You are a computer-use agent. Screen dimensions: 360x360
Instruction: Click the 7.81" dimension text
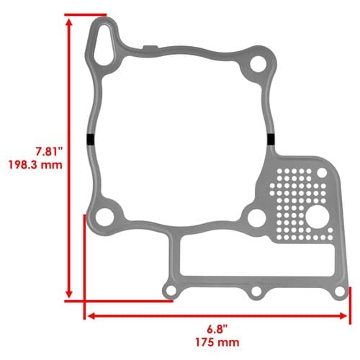tap(49, 151)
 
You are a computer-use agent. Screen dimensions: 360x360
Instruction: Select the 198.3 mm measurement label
tap(35, 165)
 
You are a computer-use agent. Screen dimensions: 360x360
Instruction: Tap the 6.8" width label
tap(217, 329)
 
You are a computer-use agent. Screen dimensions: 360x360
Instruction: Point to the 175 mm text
tap(217, 342)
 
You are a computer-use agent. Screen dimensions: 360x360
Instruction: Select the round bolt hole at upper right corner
tap(258, 64)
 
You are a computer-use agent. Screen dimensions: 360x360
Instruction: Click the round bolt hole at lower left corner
tap(104, 217)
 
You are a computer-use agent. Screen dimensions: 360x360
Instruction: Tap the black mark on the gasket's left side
tap(90, 140)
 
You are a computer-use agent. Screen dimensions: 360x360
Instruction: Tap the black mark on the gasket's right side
tap(271, 140)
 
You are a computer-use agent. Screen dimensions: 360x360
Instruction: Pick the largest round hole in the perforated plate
tap(318, 217)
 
